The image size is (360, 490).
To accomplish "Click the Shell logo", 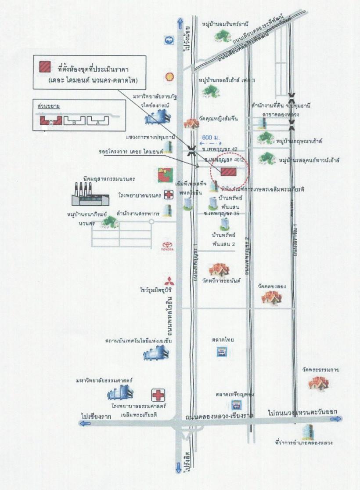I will pos(168,76).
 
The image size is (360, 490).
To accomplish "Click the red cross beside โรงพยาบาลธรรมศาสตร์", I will pos(157,395).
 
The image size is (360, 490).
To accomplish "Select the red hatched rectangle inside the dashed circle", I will pos(228,171).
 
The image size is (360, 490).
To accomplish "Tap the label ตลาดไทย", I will pos(222,339).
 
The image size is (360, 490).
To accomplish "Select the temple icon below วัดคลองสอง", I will pos(271,298).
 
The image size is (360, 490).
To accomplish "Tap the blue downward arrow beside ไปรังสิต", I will pos(178,467).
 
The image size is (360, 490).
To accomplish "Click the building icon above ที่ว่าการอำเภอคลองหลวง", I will pos(310,432).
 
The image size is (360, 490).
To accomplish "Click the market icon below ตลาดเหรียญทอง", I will pos(236,405).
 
